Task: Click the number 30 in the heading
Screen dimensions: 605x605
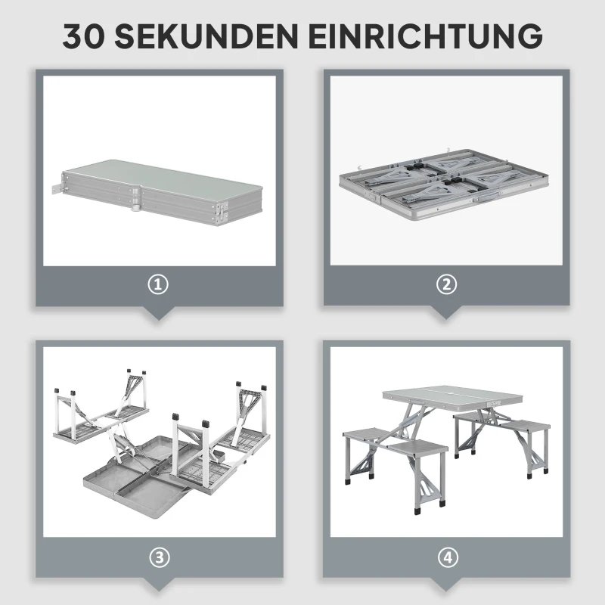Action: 84,36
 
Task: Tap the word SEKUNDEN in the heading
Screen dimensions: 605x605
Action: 206,36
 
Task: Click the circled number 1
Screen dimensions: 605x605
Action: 158,285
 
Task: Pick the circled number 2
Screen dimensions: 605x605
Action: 446,284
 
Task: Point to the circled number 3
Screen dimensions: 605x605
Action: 159,557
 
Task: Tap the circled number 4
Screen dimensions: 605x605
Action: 448,557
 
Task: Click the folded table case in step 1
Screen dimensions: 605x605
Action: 158,192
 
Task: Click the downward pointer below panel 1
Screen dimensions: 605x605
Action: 158,312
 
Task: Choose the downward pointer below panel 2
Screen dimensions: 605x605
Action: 446,312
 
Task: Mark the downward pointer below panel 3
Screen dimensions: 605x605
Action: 159,584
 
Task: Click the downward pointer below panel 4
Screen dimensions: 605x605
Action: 446,584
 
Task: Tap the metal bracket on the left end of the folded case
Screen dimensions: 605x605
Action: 57,190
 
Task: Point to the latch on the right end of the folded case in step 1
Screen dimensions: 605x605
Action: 221,213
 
